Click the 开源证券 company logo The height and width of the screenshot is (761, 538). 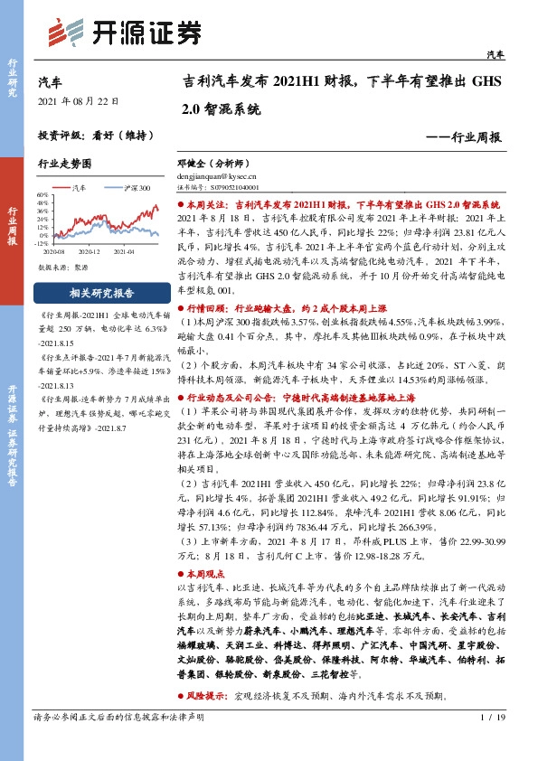click(123, 33)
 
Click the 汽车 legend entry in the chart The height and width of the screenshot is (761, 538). click(79, 187)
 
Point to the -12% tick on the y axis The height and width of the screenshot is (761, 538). click(42, 243)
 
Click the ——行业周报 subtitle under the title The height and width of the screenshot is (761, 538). click(463, 136)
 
